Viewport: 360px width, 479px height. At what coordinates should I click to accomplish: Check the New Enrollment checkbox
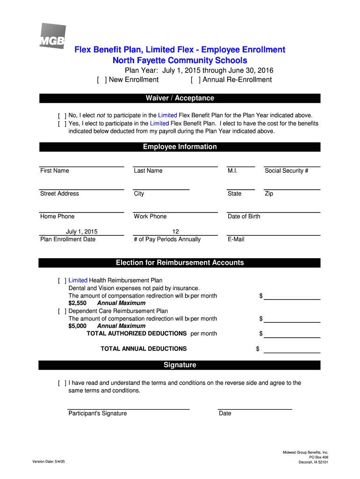(101, 80)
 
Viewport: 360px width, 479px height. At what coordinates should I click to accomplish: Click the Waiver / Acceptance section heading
(180, 98)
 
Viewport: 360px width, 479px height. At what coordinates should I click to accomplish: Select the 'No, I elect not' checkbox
(62, 116)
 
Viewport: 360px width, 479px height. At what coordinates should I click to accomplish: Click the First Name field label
(54, 171)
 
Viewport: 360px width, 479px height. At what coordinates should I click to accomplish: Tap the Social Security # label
(286, 171)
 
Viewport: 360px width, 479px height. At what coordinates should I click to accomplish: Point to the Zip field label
(269, 194)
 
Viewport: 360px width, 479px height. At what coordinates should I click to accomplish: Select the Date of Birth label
(244, 217)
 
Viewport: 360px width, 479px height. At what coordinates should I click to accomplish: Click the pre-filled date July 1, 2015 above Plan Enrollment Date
(82, 232)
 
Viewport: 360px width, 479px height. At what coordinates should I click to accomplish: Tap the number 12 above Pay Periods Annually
(175, 232)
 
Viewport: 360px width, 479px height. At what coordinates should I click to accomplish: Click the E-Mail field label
(236, 239)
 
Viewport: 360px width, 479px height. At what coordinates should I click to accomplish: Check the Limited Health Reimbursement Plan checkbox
(62, 281)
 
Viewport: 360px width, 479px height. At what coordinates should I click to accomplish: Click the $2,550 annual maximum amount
(77, 303)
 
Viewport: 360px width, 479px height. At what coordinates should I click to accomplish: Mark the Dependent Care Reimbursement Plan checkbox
(62, 311)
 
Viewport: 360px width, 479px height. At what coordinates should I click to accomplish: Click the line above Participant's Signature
(129, 408)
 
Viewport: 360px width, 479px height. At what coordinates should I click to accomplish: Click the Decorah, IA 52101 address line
(313, 462)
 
